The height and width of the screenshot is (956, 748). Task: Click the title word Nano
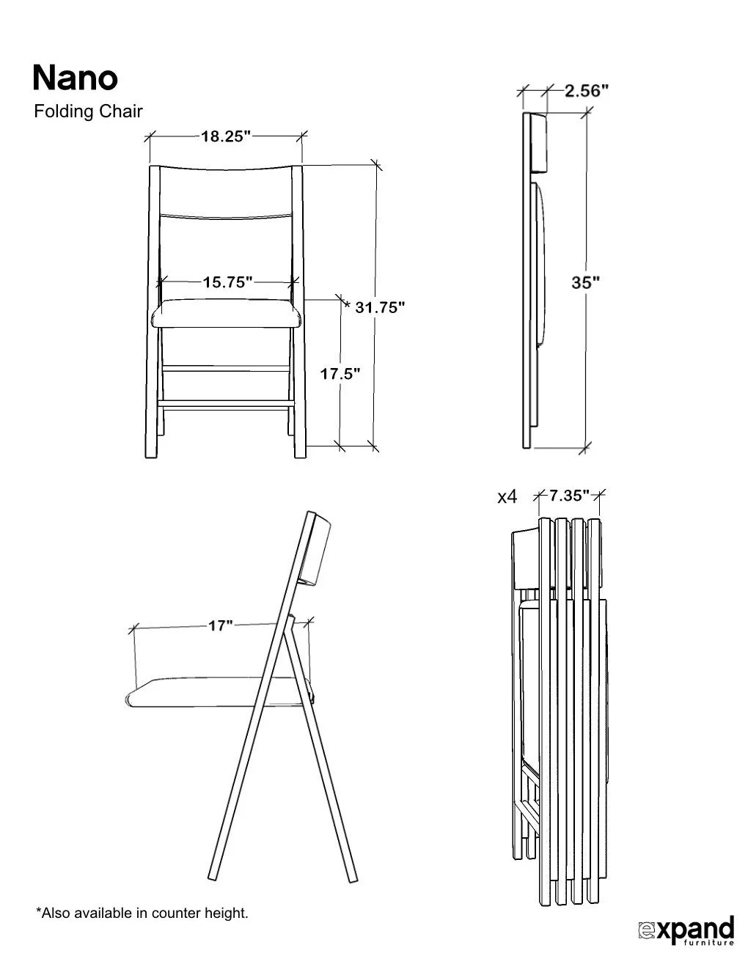(x=75, y=78)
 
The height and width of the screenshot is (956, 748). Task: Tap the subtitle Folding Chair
(x=88, y=112)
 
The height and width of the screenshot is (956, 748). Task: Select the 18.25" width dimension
(x=226, y=136)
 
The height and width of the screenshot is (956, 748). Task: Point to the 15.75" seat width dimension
(x=227, y=282)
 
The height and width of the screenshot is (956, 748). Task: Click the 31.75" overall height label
(x=380, y=308)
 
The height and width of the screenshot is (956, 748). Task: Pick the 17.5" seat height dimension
(x=340, y=374)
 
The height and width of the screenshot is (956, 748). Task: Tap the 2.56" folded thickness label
(x=587, y=91)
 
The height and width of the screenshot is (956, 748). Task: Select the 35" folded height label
(x=586, y=282)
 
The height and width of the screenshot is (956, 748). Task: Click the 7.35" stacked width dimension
(x=569, y=496)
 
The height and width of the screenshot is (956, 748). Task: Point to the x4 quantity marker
(x=507, y=497)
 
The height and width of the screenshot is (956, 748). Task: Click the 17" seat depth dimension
(x=220, y=626)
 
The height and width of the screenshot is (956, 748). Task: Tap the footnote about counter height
(x=142, y=913)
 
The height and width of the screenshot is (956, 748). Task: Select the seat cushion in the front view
(x=227, y=315)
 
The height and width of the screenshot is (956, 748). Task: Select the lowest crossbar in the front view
(x=226, y=403)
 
